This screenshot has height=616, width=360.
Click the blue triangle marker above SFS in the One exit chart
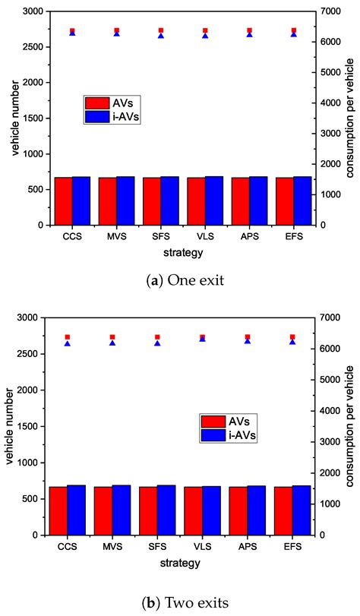point(161,36)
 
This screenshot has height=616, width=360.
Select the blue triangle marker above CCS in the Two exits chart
point(68,343)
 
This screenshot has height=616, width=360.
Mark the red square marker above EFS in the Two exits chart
point(293,336)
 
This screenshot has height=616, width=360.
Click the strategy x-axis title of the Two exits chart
point(180,563)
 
